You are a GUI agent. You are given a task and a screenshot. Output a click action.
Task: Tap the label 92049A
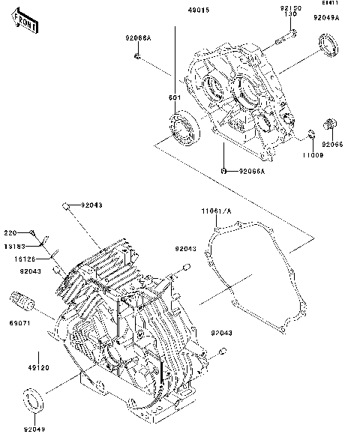pos(326,16)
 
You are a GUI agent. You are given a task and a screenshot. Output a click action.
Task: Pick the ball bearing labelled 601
pos(182,127)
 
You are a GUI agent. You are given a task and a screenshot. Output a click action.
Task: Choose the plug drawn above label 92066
pos(328,124)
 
